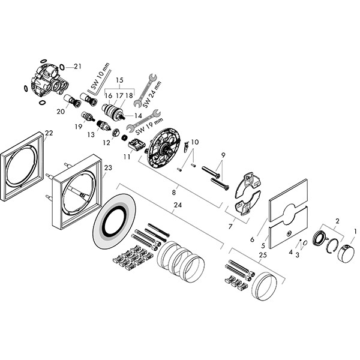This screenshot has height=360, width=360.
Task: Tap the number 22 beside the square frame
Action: [49, 133]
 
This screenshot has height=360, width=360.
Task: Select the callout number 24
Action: [177, 205]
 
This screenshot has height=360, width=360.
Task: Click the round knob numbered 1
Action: [346, 254]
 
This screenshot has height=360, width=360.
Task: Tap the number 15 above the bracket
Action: [119, 80]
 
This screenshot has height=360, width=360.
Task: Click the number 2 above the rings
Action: [337, 222]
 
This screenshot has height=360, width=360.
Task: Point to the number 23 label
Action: [109, 169]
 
